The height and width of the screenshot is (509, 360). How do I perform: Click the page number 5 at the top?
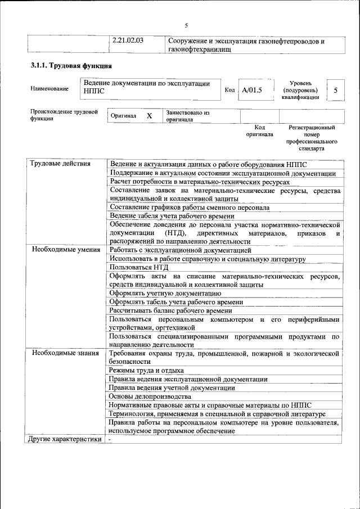point(186,25)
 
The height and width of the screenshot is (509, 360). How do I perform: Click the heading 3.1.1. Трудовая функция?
point(67,66)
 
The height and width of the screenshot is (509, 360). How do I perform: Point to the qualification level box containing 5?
point(336,90)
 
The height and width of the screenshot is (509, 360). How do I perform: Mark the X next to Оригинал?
point(149,116)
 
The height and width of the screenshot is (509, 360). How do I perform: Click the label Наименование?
point(49,88)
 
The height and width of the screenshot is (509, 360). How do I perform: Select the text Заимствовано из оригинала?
point(188,116)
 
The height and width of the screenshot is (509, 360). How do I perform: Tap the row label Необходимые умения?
point(66,250)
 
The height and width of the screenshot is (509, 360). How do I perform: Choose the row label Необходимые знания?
point(65,353)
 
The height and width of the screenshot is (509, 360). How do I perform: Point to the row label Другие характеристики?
point(65,439)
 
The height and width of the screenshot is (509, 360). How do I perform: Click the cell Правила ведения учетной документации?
point(172,388)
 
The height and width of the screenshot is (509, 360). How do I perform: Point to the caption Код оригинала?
point(259,131)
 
